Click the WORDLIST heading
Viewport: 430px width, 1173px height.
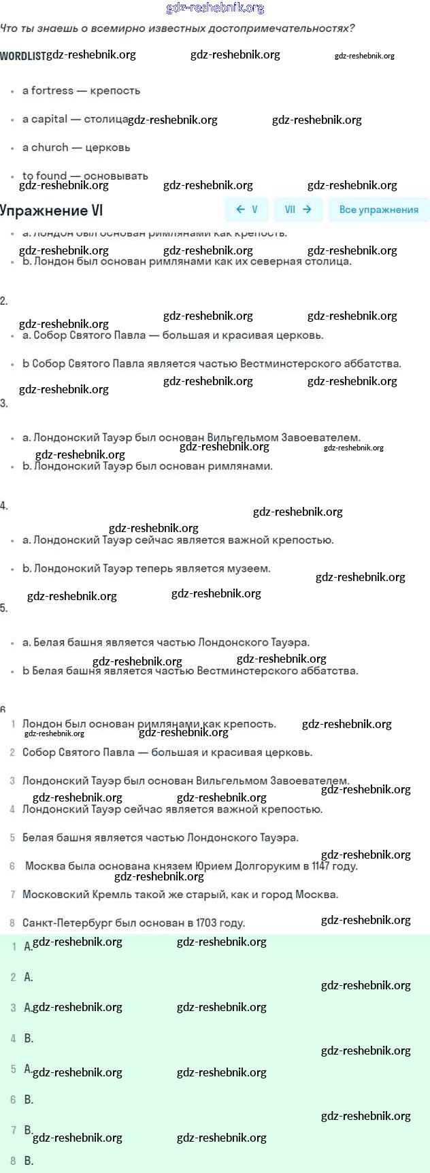click(x=22, y=56)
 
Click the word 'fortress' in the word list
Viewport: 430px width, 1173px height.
click(x=52, y=90)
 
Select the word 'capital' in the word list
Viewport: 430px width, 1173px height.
click(x=49, y=119)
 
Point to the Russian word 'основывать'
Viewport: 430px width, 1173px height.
click(x=116, y=176)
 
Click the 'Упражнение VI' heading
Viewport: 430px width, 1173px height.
click(x=52, y=210)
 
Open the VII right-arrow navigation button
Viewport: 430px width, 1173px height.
click(x=298, y=210)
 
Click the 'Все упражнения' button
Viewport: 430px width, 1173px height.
click(x=378, y=210)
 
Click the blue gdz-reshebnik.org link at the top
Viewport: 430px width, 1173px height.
click(x=215, y=8)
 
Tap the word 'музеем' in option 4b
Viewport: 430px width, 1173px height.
click(x=249, y=569)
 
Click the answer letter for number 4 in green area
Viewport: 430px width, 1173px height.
click(x=29, y=1038)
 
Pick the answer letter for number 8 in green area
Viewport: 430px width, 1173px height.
click(x=29, y=1161)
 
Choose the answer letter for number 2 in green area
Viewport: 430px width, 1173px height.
click(x=29, y=977)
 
